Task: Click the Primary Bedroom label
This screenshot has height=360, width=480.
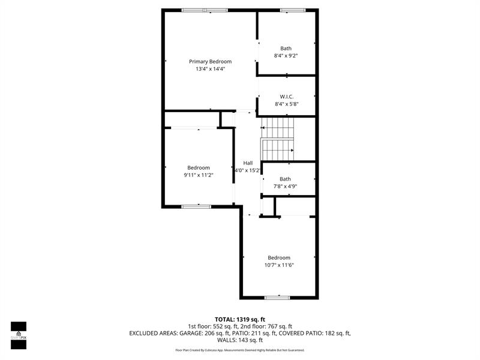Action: pyautogui.click(x=211, y=62)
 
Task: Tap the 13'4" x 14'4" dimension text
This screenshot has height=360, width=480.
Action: pyautogui.click(x=211, y=69)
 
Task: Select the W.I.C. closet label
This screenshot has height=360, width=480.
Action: pyautogui.click(x=287, y=97)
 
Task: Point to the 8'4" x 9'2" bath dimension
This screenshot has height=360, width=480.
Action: pyautogui.click(x=286, y=56)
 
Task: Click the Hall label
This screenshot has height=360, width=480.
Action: pyautogui.click(x=248, y=163)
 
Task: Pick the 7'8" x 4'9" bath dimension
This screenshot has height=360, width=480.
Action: pyautogui.click(x=286, y=186)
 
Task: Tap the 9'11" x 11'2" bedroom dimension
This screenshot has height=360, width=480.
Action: pyautogui.click(x=199, y=175)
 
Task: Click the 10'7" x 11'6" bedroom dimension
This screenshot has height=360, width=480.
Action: pyautogui.click(x=279, y=265)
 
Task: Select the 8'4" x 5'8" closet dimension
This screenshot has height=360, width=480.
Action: pyautogui.click(x=287, y=104)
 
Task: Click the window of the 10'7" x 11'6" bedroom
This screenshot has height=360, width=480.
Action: pyautogui.click(x=277, y=298)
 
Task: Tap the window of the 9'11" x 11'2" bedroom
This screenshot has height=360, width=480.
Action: pyautogui.click(x=196, y=206)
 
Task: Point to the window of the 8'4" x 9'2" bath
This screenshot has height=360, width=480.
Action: pyautogui.click(x=293, y=10)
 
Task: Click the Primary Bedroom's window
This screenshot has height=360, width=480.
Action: pyautogui.click(x=205, y=10)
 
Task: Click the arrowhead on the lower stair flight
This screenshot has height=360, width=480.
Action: pyautogui.click(x=292, y=151)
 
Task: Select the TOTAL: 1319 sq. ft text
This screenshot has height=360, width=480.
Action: pyautogui.click(x=240, y=320)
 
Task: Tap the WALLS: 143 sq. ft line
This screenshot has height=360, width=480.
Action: pyautogui.click(x=240, y=340)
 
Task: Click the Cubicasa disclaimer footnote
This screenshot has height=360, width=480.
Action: pyautogui.click(x=240, y=350)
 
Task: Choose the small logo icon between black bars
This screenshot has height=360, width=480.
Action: pyautogui.click(x=19, y=334)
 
